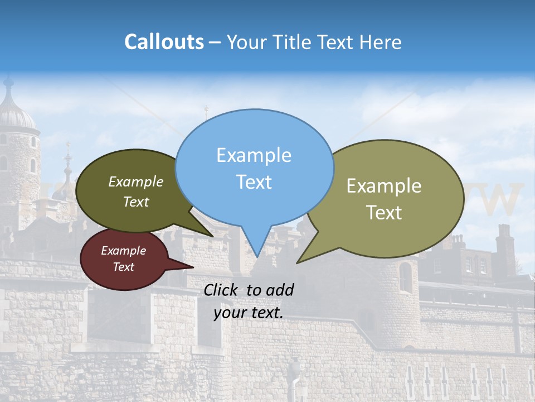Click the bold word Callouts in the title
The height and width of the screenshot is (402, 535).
click(x=164, y=42)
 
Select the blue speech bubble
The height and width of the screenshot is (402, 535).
click(x=254, y=167)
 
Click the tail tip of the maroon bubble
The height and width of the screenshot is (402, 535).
click(x=193, y=267)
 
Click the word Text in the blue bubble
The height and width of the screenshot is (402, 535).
click(x=254, y=182)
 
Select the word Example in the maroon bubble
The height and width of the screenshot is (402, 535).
click(x=124, y=251)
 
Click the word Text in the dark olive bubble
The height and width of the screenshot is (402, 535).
click(x=136, y=202)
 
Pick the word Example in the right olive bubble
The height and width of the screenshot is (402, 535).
click(x=384, y=186)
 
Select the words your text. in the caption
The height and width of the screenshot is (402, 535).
click(x=248, y=313)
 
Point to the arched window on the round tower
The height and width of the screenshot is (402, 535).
click(x=405, y=277)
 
